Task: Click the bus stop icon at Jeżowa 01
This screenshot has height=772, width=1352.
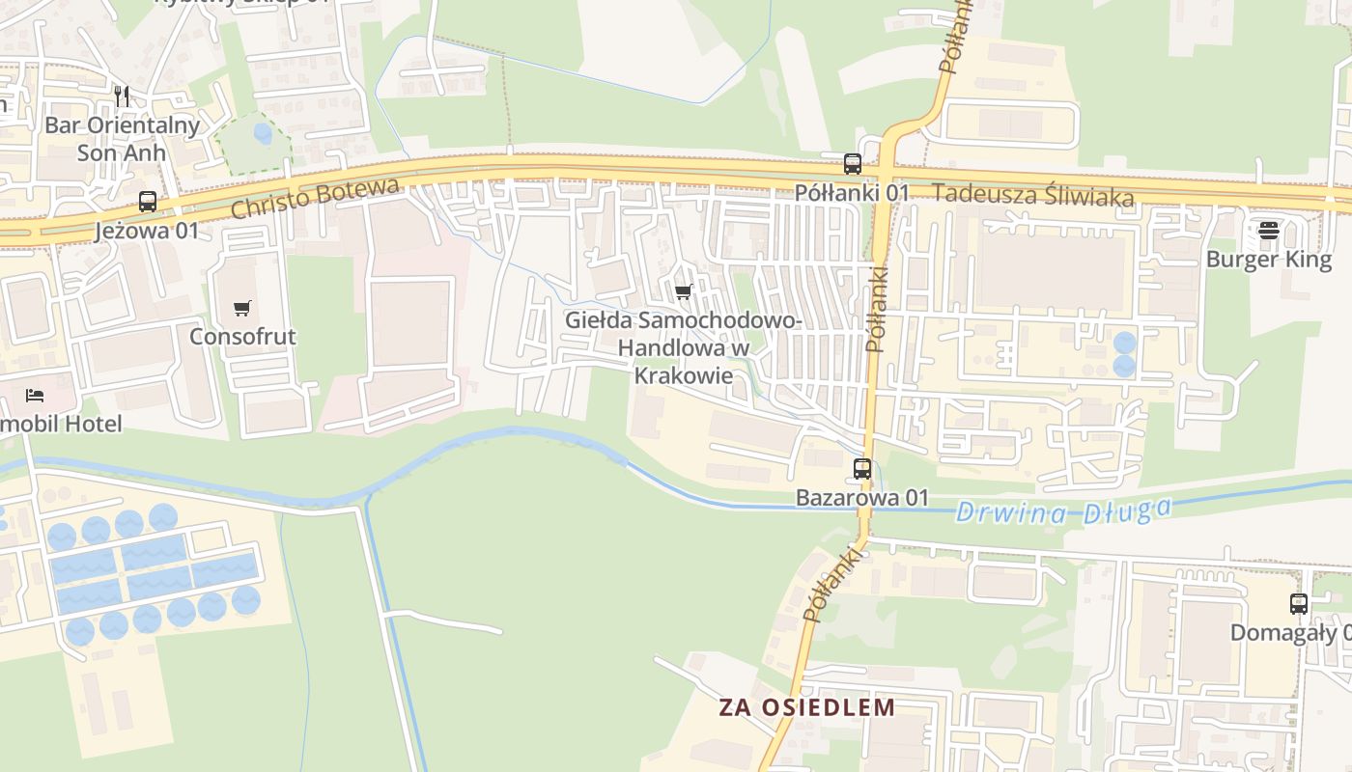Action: pyautogui.click(x=148, y=202)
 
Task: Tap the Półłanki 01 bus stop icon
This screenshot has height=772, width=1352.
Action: pyautogui.click(x=852, y=163)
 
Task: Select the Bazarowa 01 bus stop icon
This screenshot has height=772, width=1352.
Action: pyautogui.click(x=862, y=469)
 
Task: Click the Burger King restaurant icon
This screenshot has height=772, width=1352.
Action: pyautogui.click(x=1269, y=231)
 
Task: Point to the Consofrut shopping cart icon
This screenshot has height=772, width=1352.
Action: pyautogui.click(x=242, y=309)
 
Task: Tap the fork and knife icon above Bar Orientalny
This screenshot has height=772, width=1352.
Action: pyautogui.click(x=122, y=96)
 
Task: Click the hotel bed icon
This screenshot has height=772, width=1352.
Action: pyautogui.click(x=35, y=395)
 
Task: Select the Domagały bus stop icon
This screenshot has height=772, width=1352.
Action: pyautogui.click(x=1299, y=604)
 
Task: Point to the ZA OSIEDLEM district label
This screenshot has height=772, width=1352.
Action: pyautogui.click(x=807, y=706)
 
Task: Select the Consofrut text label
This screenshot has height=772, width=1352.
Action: pyautogui.click(x=242, y=337)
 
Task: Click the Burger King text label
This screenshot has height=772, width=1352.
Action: pyautogui.click(x=1269, y=259)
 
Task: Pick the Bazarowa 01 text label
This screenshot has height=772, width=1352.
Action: pyautogui.click(x=862, y=498)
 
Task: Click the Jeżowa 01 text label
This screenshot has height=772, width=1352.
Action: pyautogui.click(x=147, y=231)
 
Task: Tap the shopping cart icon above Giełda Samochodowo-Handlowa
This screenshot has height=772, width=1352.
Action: pyautogui.click(x=684, y=291)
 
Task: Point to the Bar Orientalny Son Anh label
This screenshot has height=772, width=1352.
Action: pyautogui.click(x=122, y=139)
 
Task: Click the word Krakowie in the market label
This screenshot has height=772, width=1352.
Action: pyautogui.click(x=683, y=375)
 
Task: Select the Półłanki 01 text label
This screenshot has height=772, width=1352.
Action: pyautogui.click(x=852, y=192)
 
